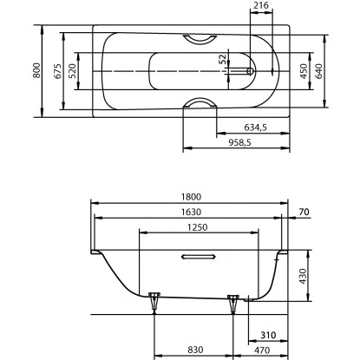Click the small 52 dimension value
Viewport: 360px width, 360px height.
pos(223,60)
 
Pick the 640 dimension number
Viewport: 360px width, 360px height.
pos(320,70)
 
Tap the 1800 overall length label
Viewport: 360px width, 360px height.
pos(190,197)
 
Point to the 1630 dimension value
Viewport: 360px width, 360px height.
pos(190,213)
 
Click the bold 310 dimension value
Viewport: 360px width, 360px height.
pos(267,335)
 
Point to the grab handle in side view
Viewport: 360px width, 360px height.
pos(199,257)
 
